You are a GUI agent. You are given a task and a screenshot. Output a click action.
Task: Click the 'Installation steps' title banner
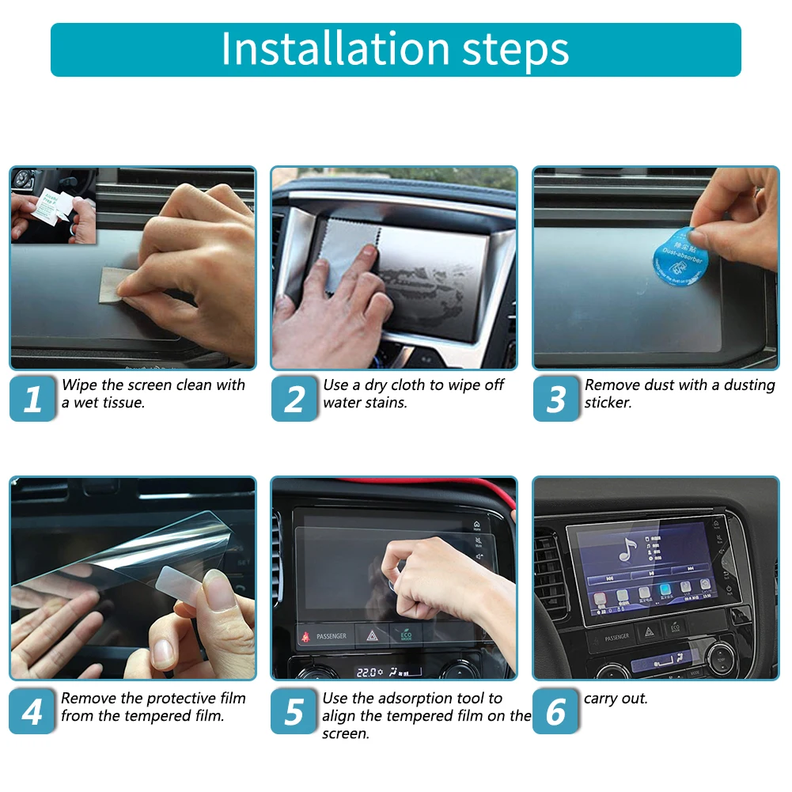click(396, 49)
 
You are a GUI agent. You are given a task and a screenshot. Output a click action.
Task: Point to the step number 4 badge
click(32, 712)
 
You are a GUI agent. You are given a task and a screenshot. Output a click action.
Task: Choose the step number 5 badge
click(294, 712)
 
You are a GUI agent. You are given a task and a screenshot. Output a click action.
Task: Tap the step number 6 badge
click(556, 712)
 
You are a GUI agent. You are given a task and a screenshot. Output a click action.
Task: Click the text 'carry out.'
click(616, 699)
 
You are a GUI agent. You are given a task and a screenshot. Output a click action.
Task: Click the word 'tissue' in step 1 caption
click(119, 403)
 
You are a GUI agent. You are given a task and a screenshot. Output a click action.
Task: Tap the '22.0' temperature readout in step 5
click(366, 672)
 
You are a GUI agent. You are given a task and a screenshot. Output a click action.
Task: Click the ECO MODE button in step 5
click(405, 635)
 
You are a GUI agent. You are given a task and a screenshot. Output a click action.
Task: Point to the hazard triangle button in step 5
click(370, 635)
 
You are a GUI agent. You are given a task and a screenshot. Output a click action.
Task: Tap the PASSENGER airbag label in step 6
click(616, 637)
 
